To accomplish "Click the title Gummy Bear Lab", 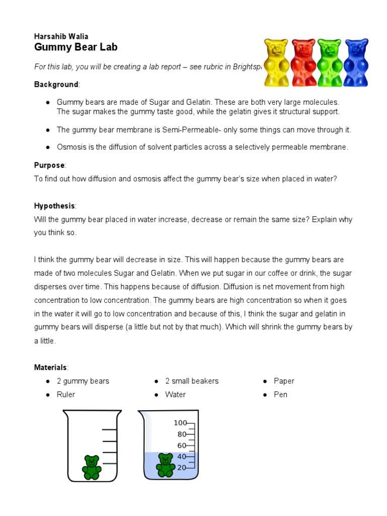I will point(76,48).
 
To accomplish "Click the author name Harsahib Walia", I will point(61,36).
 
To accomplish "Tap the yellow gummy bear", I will point(276,62).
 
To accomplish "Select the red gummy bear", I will point(303,62).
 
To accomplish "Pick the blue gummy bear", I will point(356,62).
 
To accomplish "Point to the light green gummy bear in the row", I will point(330,62).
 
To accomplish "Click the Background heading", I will point(56,84).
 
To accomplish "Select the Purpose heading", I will point(49,165).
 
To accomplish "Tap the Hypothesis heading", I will point(54,206).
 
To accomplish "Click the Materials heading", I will point(50,367).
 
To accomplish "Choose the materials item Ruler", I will point(66,395).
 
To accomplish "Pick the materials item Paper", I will point(284,381).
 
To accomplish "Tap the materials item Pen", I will point(280,395).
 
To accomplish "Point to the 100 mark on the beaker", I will point(180,423).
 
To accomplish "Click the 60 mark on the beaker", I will point(181,445).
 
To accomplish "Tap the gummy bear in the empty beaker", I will point(92,467).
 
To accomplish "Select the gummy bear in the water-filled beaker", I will point(165,465).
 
